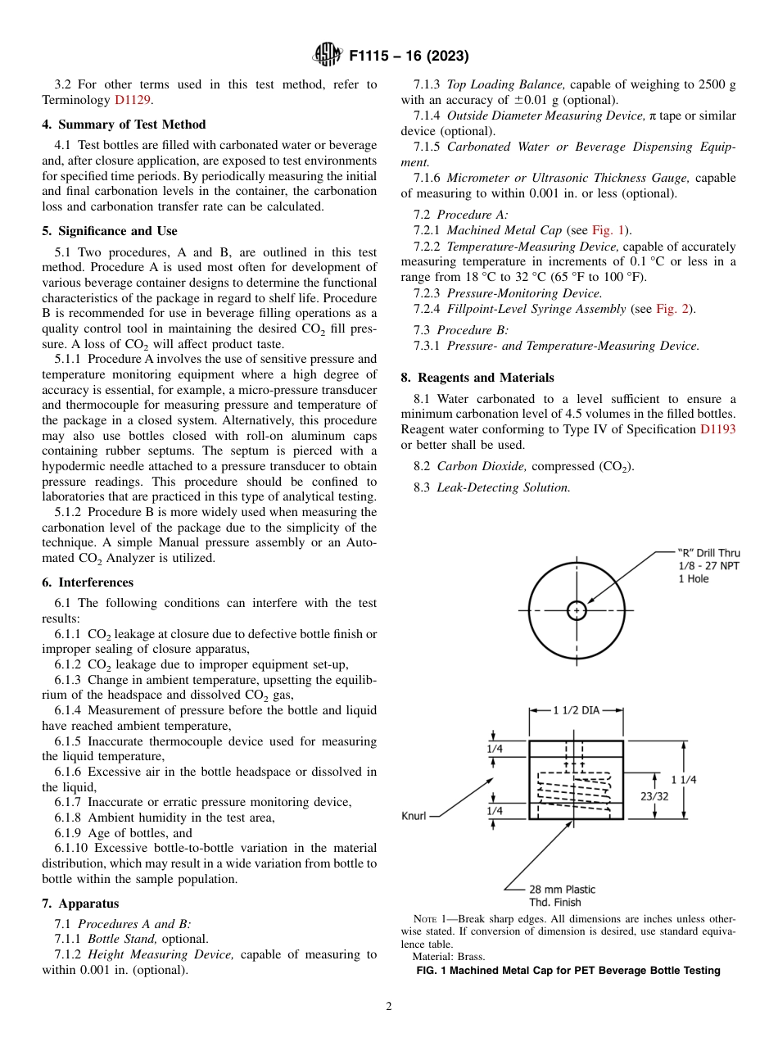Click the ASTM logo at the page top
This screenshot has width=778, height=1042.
[x=327, y=56]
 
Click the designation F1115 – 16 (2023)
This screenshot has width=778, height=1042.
[x=409, y=56]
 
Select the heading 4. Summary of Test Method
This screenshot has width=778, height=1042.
[x=124, y=125]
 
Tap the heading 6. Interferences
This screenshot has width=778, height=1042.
[x=88, y=582]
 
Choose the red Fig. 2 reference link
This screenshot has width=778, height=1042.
[x=674, y=309]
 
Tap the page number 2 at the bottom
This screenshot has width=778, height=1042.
[x=389, y=1007]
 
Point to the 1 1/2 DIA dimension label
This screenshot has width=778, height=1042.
[x=576, y=710]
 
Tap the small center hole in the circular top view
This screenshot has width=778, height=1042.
[x=577, y=610]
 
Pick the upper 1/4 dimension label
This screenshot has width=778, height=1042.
[x=495, y=748]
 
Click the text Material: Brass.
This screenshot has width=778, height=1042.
[x=447, y=956]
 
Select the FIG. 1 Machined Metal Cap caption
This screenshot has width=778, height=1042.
[x=568, y=971]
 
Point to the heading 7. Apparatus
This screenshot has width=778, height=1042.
[x=80, y=904]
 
